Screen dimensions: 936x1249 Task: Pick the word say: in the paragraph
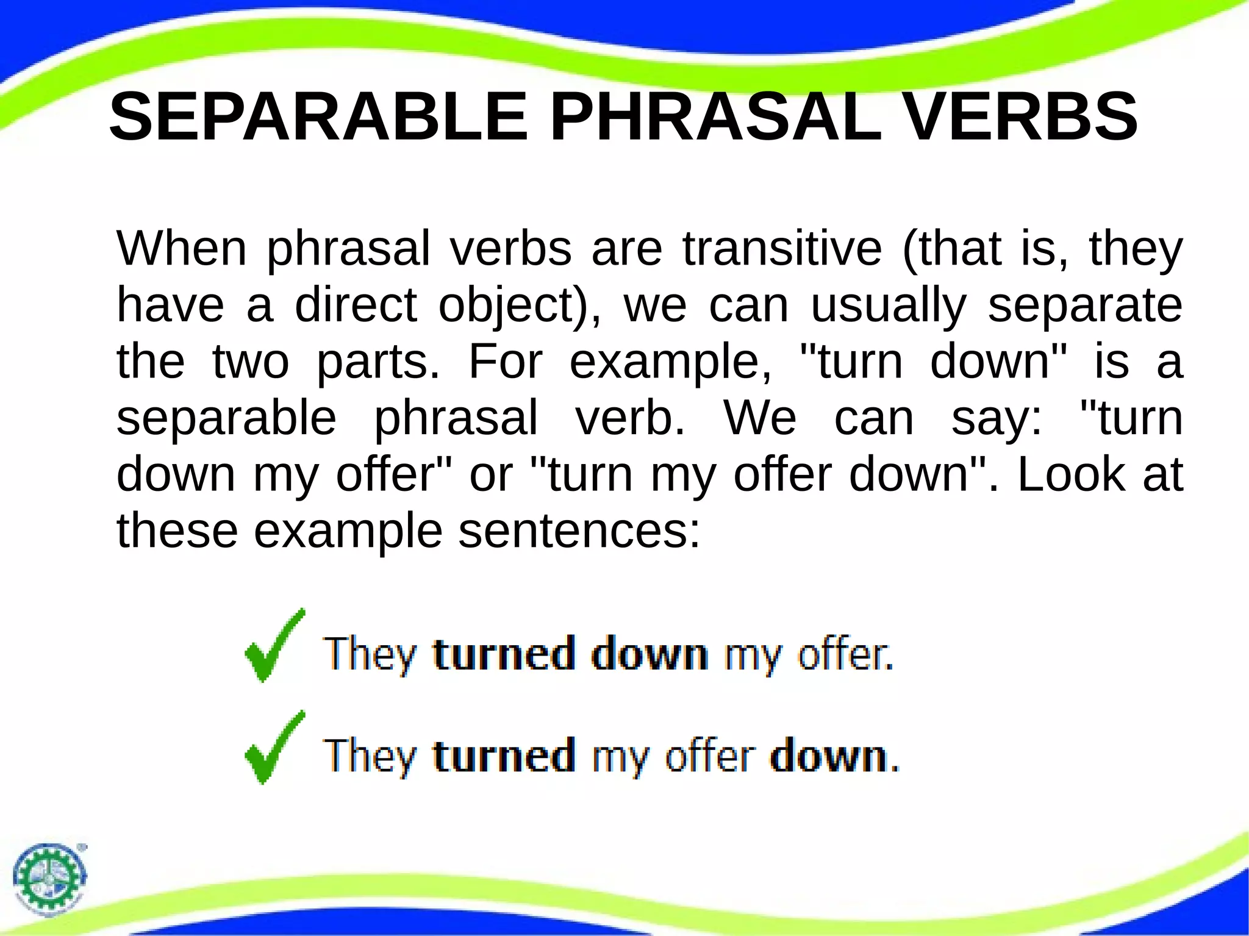click(997, 419)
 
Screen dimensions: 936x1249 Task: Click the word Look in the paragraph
click(1071, 475)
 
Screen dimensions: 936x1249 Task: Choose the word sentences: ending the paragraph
click(579, 531)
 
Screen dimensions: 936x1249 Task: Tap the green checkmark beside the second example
click(274, 748)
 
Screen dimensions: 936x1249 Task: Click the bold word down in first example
click(650, 654)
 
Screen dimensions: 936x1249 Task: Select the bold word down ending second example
click(829, 756)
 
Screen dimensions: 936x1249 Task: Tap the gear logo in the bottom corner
click(50, 878)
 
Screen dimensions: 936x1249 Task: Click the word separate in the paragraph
click(1085, 307)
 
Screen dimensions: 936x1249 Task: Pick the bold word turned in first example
click(504, 654)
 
